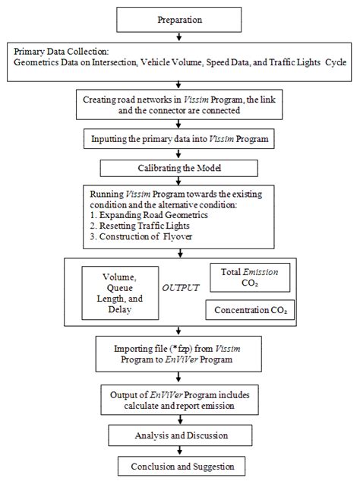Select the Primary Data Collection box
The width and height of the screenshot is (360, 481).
point(180,58)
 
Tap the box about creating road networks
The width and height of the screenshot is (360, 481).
point(179,103)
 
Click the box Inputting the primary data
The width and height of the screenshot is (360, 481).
point(179,140)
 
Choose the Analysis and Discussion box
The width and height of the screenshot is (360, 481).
point(179,435)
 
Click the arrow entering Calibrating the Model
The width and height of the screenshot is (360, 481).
point(179,154)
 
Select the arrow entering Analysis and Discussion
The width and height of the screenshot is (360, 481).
point(179,420)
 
